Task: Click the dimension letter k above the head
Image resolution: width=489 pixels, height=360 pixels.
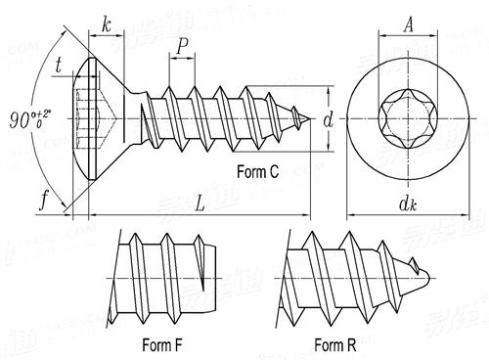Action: (x=105, y=26)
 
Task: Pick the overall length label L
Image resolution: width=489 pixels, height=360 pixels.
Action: (x=200, y=204)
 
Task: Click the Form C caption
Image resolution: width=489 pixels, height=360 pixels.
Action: (x=257, y=172)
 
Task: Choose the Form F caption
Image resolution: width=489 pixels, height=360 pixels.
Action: (x=163, y=344)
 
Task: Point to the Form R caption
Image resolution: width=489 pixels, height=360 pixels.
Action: (x=335, y=344)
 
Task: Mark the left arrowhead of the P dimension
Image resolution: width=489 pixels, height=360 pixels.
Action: (x=171, y=59)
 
